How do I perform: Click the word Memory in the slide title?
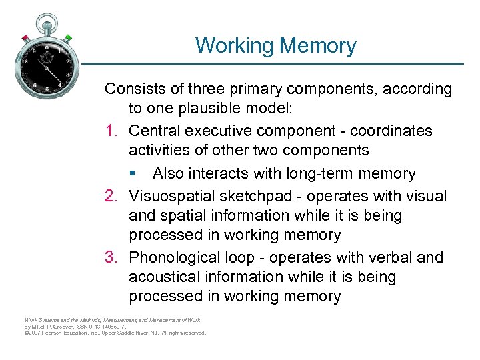[318, 46]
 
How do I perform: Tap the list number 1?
[111, 131]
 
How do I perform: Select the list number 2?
[111, 196]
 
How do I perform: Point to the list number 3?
[111, 258]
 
